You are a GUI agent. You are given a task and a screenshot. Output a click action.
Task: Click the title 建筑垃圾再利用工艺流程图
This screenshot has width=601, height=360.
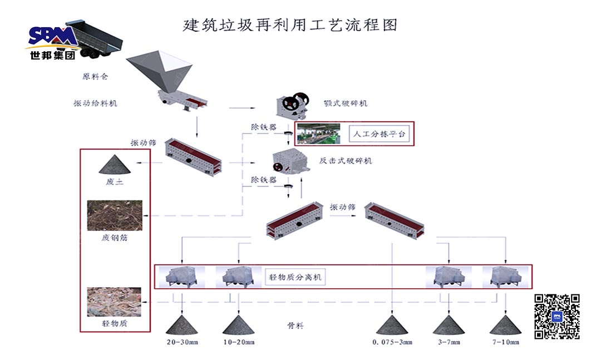point(290,25)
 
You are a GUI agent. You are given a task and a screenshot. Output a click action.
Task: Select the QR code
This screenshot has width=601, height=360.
point(557,316)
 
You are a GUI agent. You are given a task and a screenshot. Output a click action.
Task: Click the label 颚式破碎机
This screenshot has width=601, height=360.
point(345,103)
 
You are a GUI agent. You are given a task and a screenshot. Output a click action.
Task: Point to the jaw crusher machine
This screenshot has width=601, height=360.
point(293,104)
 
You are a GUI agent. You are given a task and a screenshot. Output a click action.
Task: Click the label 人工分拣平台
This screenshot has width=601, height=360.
point(377,134)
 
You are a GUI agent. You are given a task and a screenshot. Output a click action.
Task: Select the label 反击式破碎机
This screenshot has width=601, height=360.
point(345,161)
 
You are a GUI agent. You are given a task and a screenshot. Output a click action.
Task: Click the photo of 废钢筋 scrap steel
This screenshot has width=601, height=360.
point(115,215)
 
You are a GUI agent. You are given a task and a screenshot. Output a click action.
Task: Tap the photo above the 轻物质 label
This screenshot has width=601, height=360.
point(114,302)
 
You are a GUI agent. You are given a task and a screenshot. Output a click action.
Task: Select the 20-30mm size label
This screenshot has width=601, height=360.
point(182,342)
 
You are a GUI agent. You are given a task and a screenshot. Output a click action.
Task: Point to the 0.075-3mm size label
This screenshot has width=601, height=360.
point(392,342)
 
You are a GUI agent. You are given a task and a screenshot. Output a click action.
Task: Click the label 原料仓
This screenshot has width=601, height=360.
point(95,77)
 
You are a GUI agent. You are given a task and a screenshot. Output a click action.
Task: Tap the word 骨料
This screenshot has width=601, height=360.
point(295,326)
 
